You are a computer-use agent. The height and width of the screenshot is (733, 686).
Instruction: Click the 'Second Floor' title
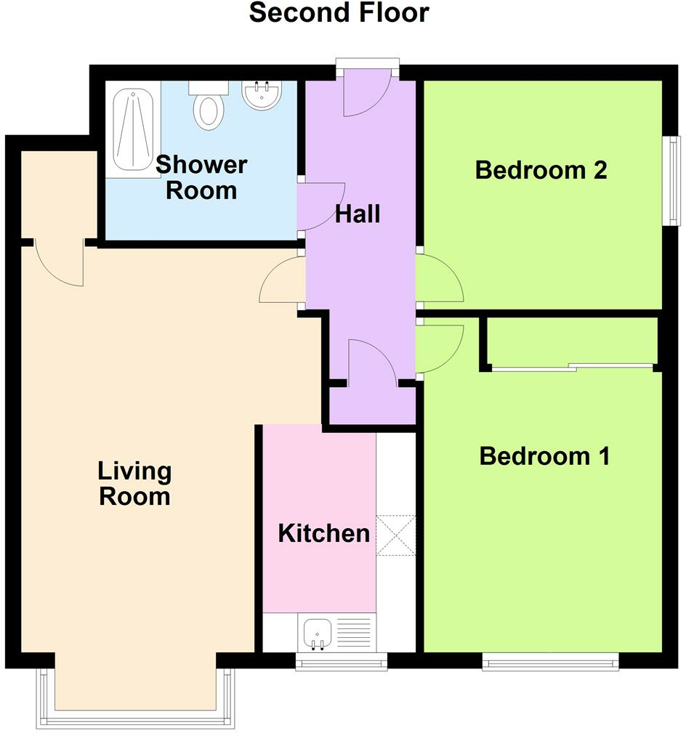pyautogui.click(x=339, y=13)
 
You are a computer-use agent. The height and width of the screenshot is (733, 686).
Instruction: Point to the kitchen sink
pyautogui.click(x=316, y=633)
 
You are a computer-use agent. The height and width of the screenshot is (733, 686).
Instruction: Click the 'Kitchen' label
pyautogui.click(x=323, y=534)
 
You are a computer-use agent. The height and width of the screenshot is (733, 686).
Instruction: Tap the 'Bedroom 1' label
pyautogui.click(x=544, y=456)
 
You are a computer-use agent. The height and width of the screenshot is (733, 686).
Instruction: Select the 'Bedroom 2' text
pyautogui.click(x=541, y=170)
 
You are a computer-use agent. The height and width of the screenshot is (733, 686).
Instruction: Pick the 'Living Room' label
pyautogui.click(x=134, y=484)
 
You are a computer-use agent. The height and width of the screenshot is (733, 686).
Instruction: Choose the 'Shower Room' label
pyautogui.click(x=201, y=177)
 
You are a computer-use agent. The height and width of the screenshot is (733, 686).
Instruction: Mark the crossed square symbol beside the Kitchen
pyautogui.click(x=395, y=535)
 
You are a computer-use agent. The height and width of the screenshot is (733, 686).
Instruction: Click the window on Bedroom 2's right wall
pyautogui.click(x=674, y=181)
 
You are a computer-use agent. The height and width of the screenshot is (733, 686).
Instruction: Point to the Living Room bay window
pyautogui.click(x=137, y=719)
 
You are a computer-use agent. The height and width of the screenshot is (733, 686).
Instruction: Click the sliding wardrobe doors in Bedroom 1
pyautogui.click(x=573, y=367)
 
